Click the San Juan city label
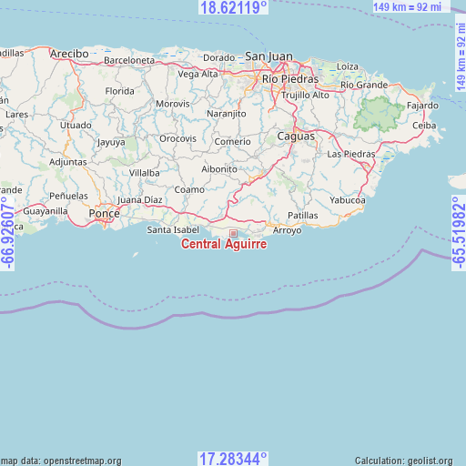coord(269,56)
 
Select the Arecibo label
coord(69,54)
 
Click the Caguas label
coord(296,136)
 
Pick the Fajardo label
coord(422,106)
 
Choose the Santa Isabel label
coord(173,229)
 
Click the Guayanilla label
coord(46,210)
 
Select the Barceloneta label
coord(129,60)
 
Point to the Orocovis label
coord(177,138)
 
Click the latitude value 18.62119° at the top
coord(233,7)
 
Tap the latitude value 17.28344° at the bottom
coord(233,458)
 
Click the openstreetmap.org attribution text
coord(61,461)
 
